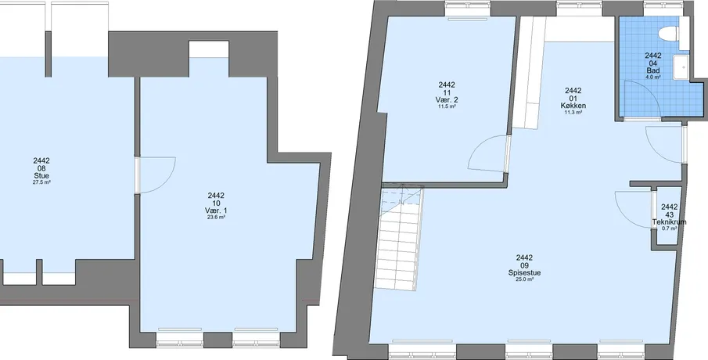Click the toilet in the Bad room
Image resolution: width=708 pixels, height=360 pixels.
tap(674, 34)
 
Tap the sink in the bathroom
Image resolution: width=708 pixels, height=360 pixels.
tap(681, 68)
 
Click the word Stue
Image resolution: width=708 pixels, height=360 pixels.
tap(41, 176)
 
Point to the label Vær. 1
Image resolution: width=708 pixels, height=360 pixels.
tap(216, 211)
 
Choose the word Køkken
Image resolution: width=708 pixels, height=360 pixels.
tap(573, 106)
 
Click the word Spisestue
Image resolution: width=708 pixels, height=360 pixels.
tap(525, 273)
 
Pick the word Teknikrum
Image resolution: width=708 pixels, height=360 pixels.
tap(669, 222)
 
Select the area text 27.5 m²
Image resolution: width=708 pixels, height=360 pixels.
tap(41, 182)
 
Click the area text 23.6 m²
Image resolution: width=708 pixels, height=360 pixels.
tap(216, 218)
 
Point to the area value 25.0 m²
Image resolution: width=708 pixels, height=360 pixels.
tap(525, 279)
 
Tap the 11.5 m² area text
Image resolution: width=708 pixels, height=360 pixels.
tap(447, 106)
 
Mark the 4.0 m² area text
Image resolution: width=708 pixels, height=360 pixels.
tap(653, 77)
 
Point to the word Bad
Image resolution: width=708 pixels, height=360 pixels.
tap(653, 70)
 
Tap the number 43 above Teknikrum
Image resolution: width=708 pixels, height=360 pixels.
tap(670, 215)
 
